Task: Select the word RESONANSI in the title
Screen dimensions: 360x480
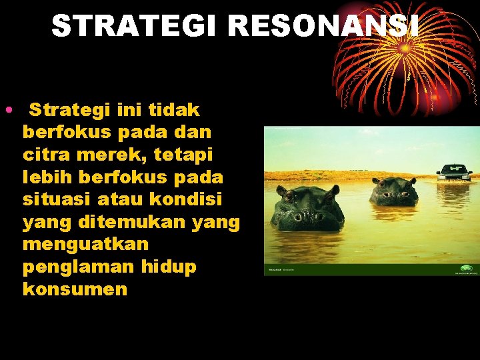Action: coord(324,26)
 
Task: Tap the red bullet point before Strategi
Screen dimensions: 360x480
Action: coord(6,109)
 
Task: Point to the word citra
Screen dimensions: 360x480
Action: coord(45,155)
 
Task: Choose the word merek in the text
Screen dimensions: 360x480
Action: coord(111,155)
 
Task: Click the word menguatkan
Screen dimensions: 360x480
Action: coord(85,244)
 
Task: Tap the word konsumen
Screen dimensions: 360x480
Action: coord(75,289)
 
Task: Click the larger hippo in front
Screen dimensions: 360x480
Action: coord(308,209)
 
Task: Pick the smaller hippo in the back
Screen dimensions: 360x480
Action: coord(393,191)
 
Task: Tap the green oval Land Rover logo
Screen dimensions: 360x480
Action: coord(466,269)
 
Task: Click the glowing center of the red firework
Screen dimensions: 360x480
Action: coord(405,48)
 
